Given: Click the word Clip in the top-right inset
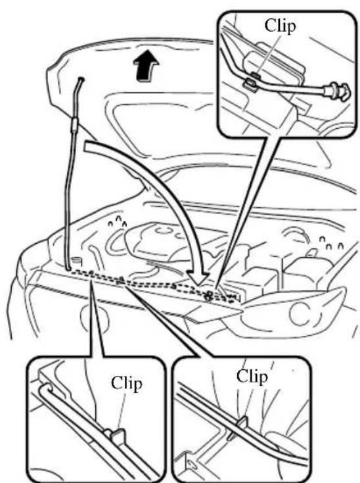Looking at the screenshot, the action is (280, 26).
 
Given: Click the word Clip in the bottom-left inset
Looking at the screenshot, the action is (126, 384).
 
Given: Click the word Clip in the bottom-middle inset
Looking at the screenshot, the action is (252, 376).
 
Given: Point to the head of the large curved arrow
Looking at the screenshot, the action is (198, 278).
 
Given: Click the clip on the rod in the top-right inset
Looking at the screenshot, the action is (252, 81).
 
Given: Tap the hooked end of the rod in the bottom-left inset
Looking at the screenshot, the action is (47, 389).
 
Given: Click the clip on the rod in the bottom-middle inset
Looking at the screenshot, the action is (242, 423).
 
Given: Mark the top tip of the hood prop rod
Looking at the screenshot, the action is (81, 80).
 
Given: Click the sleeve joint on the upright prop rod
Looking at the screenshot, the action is (74, 124).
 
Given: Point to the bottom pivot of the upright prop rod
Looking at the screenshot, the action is (68, 269).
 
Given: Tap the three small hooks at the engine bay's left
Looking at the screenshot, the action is (118, 222).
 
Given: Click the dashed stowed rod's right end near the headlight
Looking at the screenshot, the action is (236, 298).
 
